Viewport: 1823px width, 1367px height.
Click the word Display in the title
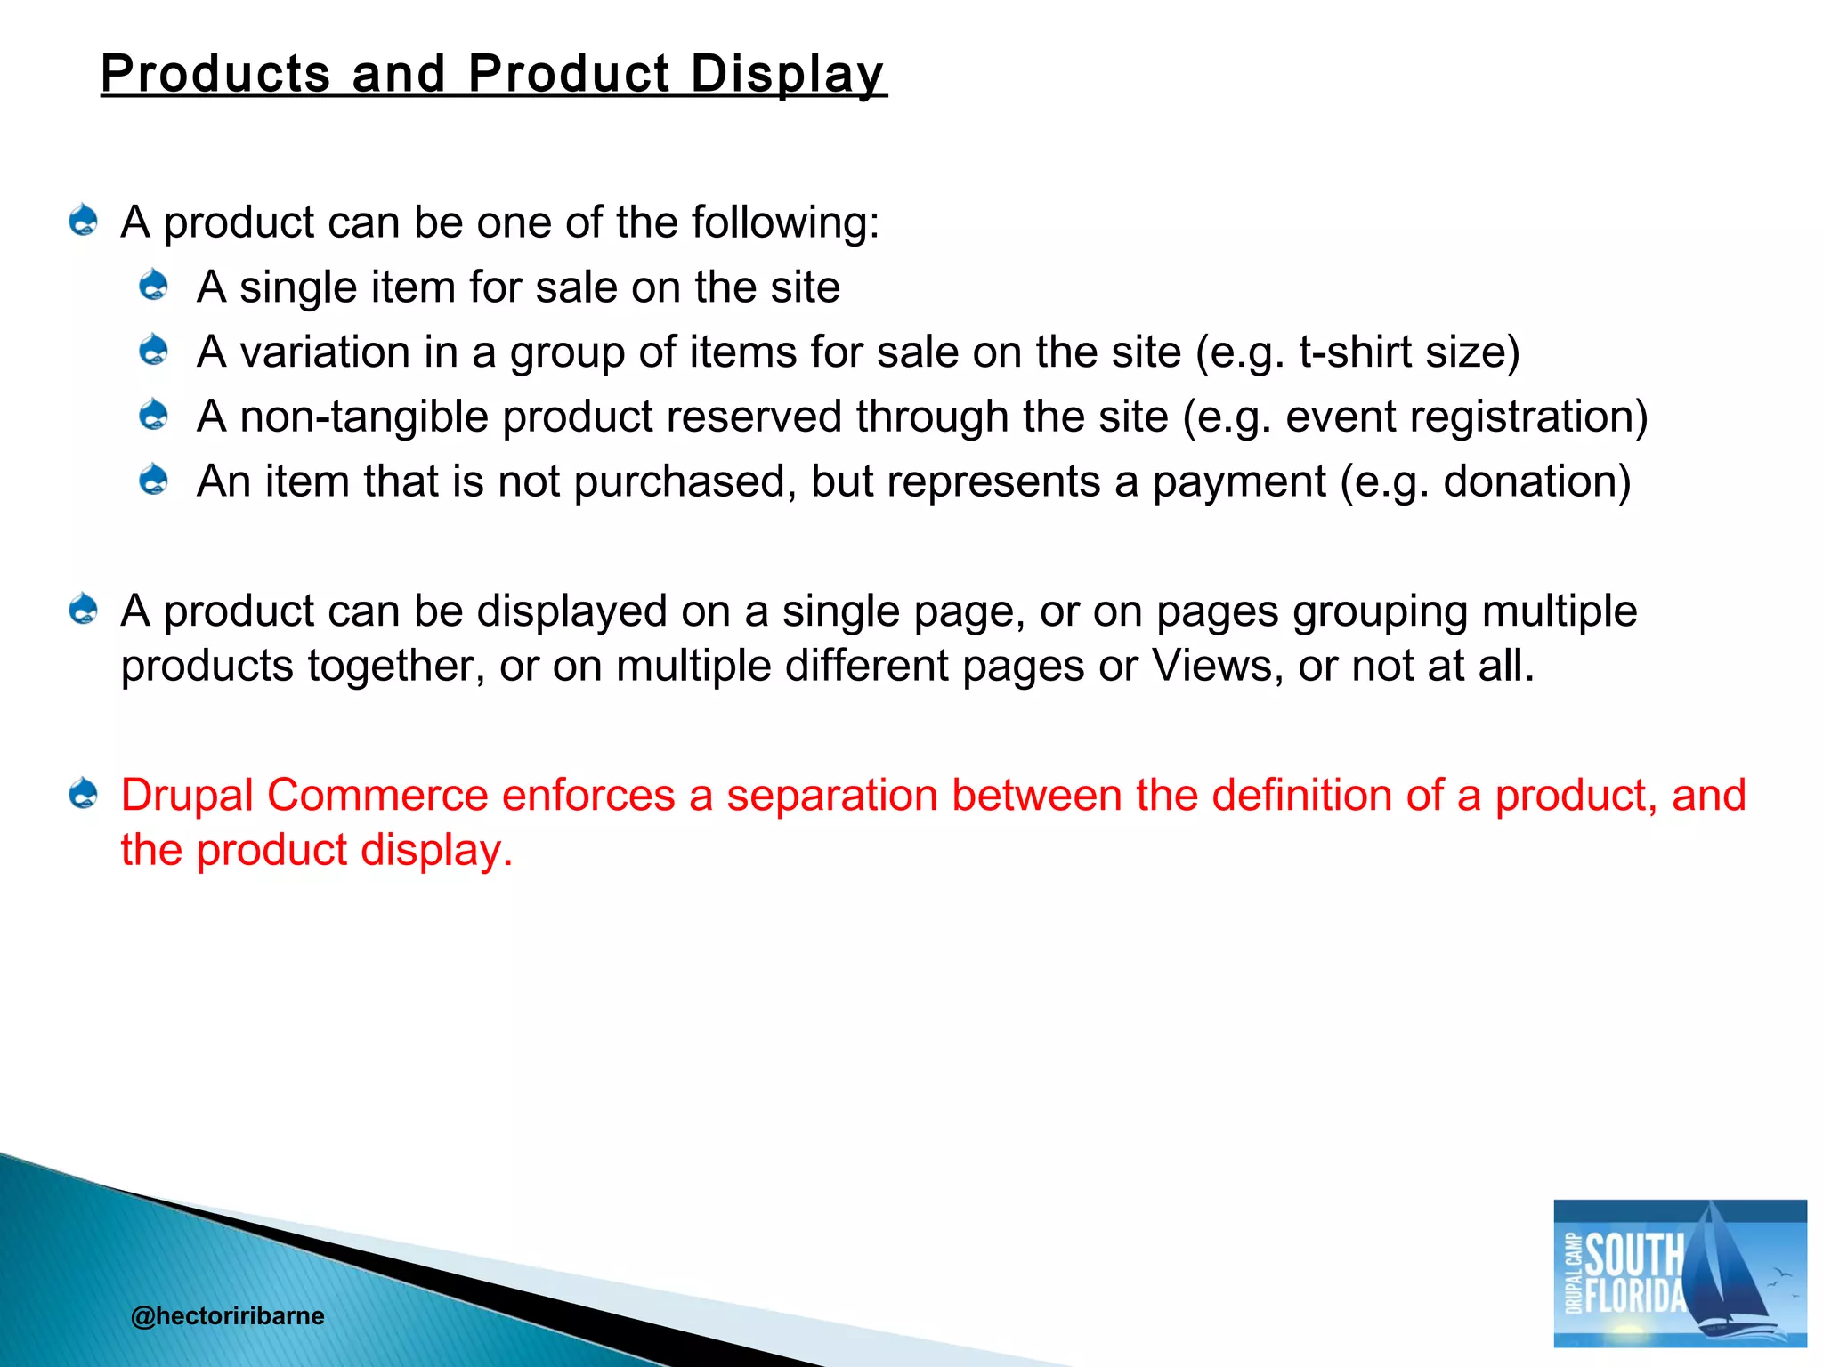tap(787, 73)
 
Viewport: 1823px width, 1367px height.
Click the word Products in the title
tap(215, 73)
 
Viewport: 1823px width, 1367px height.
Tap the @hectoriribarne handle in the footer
tap(227, 1315)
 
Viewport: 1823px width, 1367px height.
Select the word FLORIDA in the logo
tap(1636, 1296)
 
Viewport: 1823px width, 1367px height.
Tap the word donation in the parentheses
tap(1529, 481)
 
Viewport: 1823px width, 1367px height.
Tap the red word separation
tap(831, 795)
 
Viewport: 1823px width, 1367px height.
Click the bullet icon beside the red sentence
tap(84, 793)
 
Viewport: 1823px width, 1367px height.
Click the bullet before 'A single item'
tap(154, 286)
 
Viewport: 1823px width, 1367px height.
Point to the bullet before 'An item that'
tap(154, 480)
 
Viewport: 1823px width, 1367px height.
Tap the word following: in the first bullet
tap(785, 222)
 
